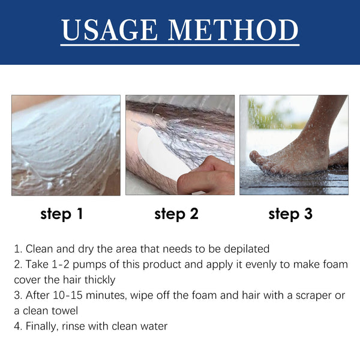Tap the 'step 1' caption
[x=61, y=214]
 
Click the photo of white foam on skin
[x=66, y=145]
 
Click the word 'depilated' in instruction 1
[x=245, y=249]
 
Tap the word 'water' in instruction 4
[x=154, y=327]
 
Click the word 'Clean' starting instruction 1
[x=39, y=249]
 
